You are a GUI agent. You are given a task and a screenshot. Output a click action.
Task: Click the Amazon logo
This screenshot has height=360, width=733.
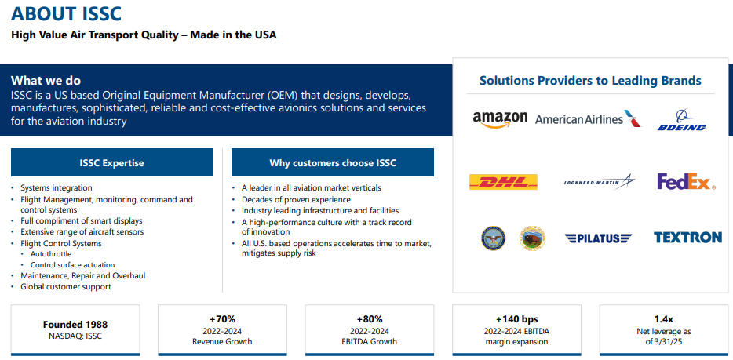(500, 118)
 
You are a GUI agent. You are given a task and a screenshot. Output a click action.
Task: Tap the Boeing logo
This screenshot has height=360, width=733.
(681, 122)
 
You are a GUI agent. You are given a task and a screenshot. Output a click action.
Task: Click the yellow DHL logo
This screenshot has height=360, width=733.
(503, 182)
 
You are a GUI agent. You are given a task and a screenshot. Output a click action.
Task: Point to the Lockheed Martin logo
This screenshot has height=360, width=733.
(599, 182)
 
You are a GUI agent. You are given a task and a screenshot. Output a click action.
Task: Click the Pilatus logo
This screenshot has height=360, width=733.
(598, 238)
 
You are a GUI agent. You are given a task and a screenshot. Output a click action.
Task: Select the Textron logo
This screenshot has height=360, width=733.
(687, 238)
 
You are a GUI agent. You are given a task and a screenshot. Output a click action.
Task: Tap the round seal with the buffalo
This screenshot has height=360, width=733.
(532, 238)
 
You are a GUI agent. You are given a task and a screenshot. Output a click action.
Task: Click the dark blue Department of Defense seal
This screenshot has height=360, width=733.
(494, 238)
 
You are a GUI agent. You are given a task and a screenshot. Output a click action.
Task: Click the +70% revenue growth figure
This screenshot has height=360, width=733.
(222, 319)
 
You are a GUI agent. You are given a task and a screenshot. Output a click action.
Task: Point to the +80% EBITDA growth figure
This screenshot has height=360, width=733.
(369, 319)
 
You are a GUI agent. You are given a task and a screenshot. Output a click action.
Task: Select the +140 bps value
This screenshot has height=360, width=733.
(516, 319)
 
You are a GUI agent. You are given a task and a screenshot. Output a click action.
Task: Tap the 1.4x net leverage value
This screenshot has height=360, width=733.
(663, 319)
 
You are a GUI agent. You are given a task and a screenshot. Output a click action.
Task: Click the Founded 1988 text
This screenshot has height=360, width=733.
(75, 324)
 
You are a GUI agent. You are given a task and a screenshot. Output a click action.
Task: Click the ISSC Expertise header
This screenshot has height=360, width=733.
(111, 163)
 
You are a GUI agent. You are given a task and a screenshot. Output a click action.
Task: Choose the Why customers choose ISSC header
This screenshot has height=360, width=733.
(333, 163)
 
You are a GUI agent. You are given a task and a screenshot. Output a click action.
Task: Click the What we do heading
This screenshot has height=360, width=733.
(46, 81)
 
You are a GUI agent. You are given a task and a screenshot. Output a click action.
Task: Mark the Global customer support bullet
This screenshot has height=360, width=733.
(66, 287)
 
